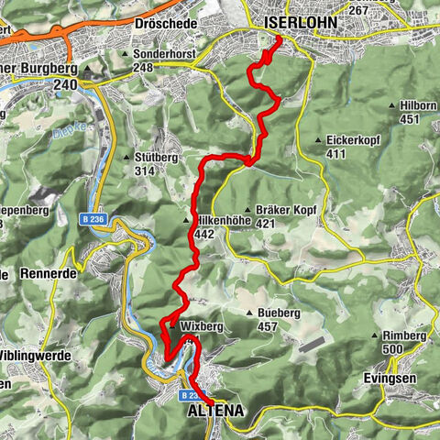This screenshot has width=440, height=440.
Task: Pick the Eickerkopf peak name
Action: (x=353, y=139)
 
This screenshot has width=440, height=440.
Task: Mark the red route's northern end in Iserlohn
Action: (x=277, y=38)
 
